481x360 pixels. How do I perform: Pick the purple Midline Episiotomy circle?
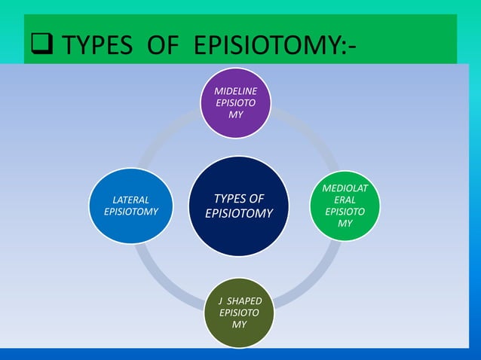[x=236, y=103]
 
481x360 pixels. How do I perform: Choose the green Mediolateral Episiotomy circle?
[x=345, y=206]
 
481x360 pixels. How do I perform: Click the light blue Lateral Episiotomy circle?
[x=130, y=206]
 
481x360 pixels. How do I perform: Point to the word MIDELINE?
[x=236, y=91]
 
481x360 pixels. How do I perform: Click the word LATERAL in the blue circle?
[x=130, y=200]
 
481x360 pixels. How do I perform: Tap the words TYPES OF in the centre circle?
[x=239, y=199]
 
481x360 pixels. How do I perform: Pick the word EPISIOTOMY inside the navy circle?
[x=239, y=214]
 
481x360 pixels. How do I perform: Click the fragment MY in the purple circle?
[x=236, y=114]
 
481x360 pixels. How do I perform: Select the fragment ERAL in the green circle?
[x=345, y=200]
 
